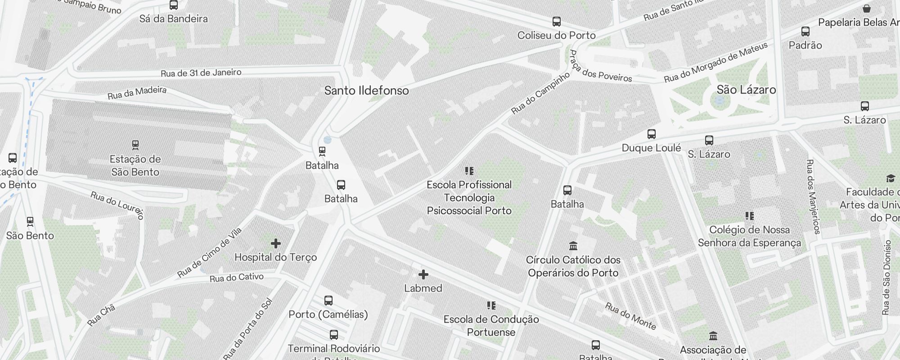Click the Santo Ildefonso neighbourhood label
pos(366,90)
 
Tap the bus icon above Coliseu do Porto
pos(557,22)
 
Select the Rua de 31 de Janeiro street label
pos(201,72)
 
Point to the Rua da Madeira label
pos(137,93)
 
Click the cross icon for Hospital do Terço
pos(276,244)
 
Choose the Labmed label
pos(423,288)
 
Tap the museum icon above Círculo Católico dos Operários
pos(573,246)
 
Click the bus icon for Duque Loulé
pos(651,134)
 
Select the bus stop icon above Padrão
pos(805,31)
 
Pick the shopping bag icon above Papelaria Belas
pos(867,9)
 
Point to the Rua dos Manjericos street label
pos(813,197)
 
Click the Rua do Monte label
pos(630,316)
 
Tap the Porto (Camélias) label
pos(328,314)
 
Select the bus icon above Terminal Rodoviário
pos(333,335)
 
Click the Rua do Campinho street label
pos(540,93)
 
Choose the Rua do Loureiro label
pos(117,205)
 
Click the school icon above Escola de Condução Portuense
pos(491,306)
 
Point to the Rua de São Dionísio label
pos(886,277)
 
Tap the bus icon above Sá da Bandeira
pos(174,5)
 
